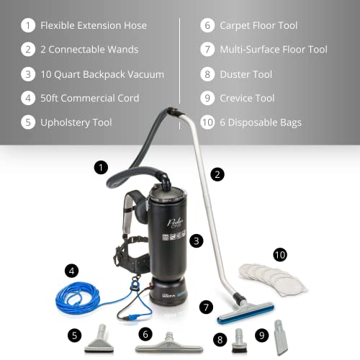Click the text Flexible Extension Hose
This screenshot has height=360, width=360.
pos(94,25)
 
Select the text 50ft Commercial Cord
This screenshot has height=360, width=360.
pos(89,98)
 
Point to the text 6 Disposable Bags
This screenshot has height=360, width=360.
pos(261,122)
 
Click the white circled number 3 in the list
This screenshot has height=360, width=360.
pos(27,74)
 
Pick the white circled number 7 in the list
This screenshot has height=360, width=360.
pos(207,50)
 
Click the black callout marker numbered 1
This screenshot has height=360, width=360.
pos(102,168)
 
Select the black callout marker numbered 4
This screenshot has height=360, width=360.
pos(71,271)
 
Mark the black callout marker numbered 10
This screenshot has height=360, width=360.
pos(279,254)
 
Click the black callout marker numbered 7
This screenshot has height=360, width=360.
pos(207,307)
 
